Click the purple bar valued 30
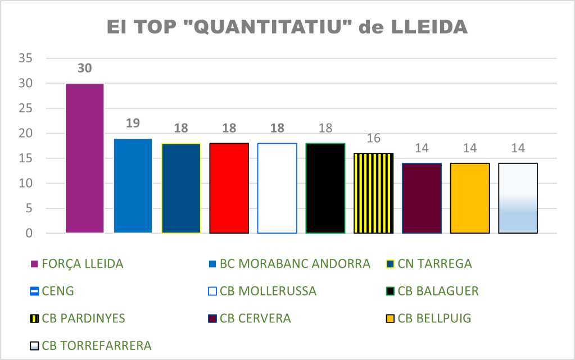[x=84, y=158]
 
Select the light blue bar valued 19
[x=133, y=185]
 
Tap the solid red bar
[x=229, y=188]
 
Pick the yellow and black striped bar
[x=373, y=193]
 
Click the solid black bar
[x=325, y=188]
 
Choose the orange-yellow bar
[x=469, y=198]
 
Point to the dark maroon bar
[x=422, y=198]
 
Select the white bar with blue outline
[x=277, y=188]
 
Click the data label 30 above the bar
[x=84, y=69]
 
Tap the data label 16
[x=373, y=139]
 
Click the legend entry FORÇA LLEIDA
[x=82, y=263]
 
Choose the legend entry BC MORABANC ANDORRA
[x=295, y=263]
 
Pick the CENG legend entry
[x=58, y=291]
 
